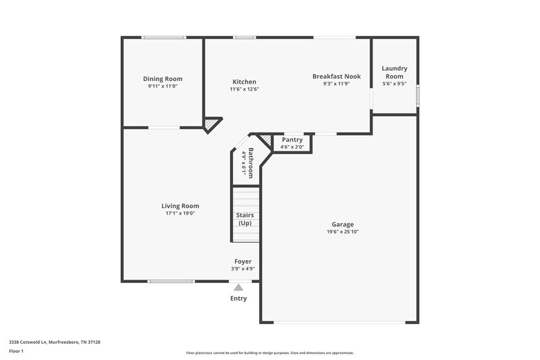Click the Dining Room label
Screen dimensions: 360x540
165,79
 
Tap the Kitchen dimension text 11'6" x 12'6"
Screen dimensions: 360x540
244,89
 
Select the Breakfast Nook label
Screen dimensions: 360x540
336,76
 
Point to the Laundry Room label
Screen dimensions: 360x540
394,72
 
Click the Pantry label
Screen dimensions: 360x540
292,140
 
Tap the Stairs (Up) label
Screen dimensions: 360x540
244,219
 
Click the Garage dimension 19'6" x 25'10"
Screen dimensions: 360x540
342,232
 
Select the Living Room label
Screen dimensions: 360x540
180,206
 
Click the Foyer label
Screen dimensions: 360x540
243,261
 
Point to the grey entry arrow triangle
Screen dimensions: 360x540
238,287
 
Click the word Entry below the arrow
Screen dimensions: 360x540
238,298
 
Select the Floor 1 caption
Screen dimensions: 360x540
16,351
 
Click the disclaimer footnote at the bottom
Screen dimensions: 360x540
269,353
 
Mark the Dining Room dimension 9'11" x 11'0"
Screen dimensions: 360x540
165,86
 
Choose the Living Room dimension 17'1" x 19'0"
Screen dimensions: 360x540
180,213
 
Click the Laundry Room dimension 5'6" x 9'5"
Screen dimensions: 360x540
394,84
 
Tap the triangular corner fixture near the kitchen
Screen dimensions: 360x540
213,124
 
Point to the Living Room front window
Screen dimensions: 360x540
166,281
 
